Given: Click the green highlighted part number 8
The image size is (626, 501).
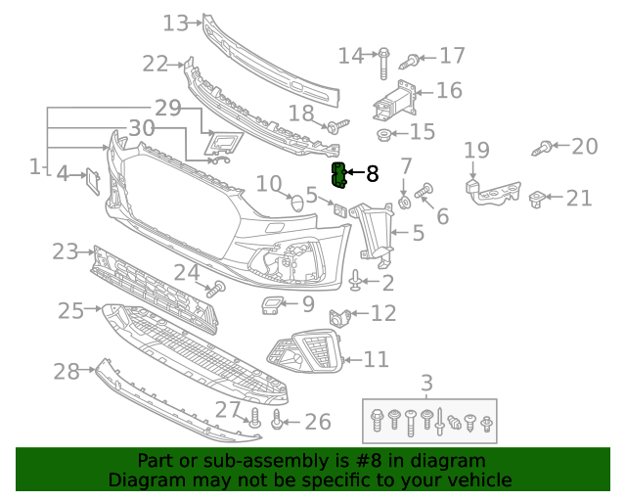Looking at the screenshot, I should point(339,176).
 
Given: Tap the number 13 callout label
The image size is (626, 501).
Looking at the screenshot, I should point(175,22).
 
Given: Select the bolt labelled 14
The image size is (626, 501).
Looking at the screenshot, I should point(384,60).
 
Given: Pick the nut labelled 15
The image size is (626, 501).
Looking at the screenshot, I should point(384,133).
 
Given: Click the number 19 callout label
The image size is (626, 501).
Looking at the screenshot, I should point(476,150).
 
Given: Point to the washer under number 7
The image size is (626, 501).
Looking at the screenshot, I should point(403,203).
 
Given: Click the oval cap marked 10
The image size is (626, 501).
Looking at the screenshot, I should point(296,205).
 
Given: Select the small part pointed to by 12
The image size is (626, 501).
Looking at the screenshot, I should point(341,316).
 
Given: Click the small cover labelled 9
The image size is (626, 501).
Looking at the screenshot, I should point(270,307).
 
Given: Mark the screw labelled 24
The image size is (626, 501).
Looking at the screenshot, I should point(216,289).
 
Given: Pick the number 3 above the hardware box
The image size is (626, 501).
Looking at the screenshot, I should point(426,383).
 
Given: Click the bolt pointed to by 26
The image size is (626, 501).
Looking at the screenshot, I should point(277,421).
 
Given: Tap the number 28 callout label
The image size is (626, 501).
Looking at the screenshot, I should point(66,372).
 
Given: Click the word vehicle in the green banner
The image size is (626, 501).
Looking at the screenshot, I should point(477,479).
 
